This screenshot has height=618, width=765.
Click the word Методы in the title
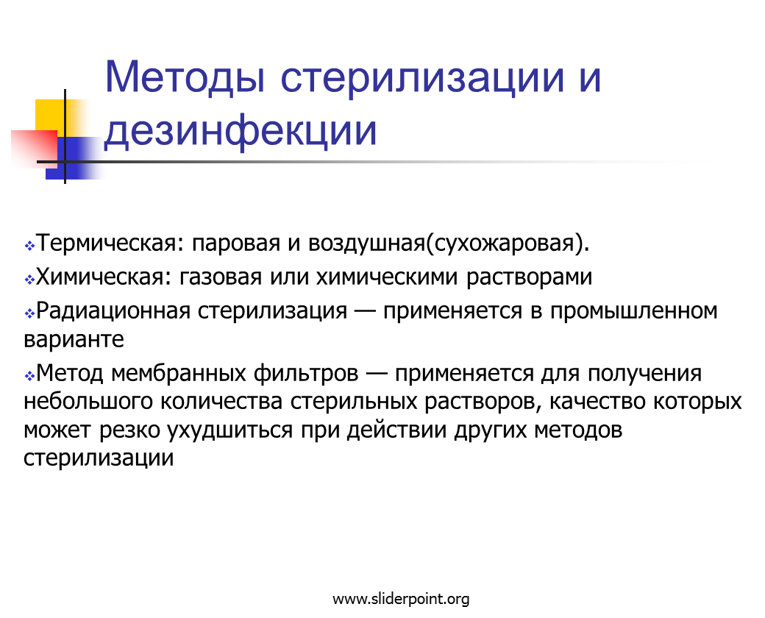(x=185, y=77)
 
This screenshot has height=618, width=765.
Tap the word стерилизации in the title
(x=422, y=78)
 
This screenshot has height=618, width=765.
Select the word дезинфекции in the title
(x=241, y=131)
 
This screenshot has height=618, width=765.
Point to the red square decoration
(x=34, y=149)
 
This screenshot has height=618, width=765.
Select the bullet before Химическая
(x=29, y=279)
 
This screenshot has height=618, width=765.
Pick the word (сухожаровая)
(x=508, y=243)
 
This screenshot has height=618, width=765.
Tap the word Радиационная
(x=113, y=311)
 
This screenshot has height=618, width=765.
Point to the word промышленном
(x=634, y=311)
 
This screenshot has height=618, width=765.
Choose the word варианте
(x=74, y=339)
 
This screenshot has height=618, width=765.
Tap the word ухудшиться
(x=230, y=430)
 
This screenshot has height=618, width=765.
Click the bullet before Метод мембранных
(x=29, y=376)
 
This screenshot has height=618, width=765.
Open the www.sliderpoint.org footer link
(x=401, y=599)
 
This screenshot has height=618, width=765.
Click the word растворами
(x=529, y=277)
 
